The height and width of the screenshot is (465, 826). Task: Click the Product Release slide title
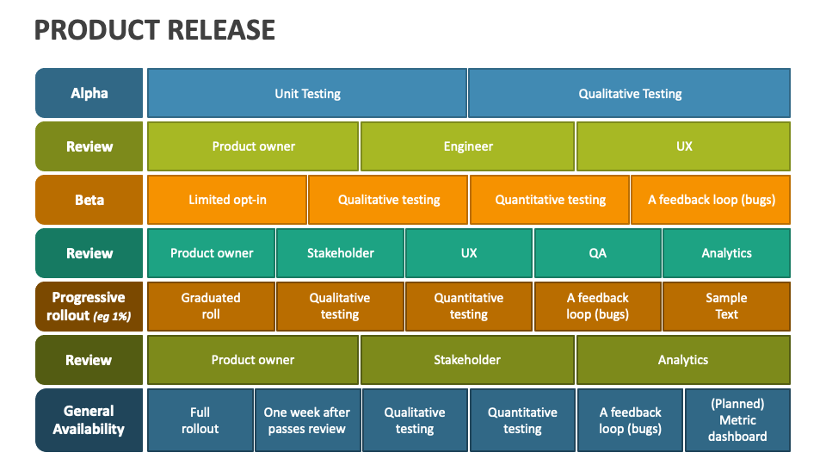click(x=155, y=30)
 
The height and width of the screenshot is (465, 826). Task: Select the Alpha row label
click(x=89, y=93)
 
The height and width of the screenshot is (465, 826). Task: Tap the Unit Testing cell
click(x=307, y=93)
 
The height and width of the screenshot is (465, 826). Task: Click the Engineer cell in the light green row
click(x=468, y=146)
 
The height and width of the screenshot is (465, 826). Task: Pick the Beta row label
click(x=89, y=200)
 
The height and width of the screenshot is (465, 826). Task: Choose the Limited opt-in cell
click(x=227, y=200)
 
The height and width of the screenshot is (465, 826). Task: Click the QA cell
click(x=597, y=253)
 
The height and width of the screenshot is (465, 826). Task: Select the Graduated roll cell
click(x=211, y=307)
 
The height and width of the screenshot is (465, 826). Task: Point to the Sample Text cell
click(x=726, y=307)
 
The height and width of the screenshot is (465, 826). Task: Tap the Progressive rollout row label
click(x=89, y=307)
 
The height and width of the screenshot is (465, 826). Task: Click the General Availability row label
click(x=89, y=420)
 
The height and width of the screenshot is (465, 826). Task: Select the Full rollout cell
click(x=200, y=420)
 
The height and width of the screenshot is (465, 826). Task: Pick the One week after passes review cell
click(x=306, y=420)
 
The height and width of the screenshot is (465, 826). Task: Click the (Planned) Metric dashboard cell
click(x=737, y=420)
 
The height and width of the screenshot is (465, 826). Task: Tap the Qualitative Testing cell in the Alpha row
click(x=630, y=93)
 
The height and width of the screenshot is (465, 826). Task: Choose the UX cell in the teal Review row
click(x=468, y=253)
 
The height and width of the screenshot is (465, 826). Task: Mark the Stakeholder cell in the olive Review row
click(x=467, y=360)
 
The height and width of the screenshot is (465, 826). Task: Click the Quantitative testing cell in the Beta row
click(x=550, y=200)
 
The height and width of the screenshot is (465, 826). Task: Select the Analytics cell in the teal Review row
click(x=726, y=253)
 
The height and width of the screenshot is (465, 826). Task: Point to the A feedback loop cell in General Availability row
click(x=630, y=420)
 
